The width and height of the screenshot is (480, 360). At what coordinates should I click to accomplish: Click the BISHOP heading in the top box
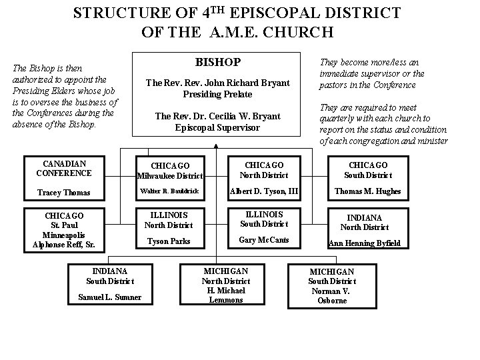click(217, 62)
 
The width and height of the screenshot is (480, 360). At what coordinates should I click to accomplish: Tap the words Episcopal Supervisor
click(217, 127)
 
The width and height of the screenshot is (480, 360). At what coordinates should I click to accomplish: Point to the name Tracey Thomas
click(63, 193)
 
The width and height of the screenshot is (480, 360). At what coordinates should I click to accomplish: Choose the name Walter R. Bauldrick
click(170, 191)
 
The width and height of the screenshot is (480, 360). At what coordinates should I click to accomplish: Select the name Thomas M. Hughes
click(367, 191)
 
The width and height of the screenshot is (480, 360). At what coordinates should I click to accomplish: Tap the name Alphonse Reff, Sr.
click(64, 245)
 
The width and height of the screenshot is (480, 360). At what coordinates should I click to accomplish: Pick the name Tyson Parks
click(168, 241)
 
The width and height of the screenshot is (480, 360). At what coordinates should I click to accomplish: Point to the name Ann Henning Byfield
click(364, 243)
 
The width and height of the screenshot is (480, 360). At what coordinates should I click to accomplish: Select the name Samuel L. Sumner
click(110, 297)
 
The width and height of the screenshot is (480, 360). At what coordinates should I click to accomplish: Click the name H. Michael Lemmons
click(225, 295)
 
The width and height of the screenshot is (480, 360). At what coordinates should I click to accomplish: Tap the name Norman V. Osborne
click(332, 295)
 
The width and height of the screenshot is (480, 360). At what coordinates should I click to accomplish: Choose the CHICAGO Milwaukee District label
click(170, 171)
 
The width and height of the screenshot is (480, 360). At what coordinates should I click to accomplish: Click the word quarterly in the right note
click(339, 117)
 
